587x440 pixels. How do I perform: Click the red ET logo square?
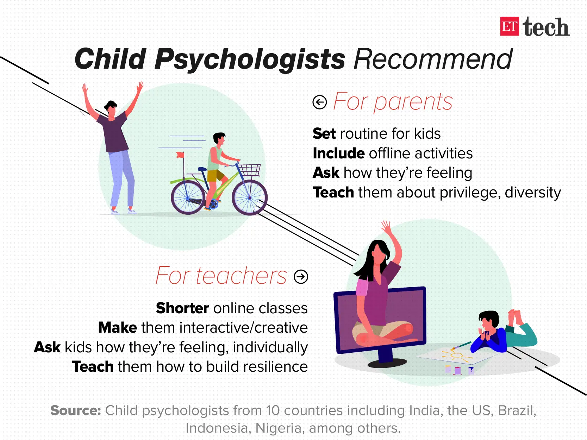coord(509,26)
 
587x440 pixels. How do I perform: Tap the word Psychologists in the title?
coord(250,59)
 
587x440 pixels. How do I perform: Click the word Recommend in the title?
coord(433,59)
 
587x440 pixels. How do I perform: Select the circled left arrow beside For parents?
coord(320,102)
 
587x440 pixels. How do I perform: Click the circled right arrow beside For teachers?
coord(301,277)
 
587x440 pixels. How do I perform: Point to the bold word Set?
coord(324,134)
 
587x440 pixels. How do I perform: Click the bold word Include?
coord(338,153)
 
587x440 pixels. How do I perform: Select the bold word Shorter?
coord(182,308)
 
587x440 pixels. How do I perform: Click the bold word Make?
coord(118,328)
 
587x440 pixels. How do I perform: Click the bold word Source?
coord(75,410)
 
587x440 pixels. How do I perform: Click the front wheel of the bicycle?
coord(249,197)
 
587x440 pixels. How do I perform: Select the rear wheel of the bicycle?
coord(188,197)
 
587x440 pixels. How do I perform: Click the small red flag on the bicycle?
coord(180,155)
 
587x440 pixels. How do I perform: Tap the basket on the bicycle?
coord(250,170)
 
